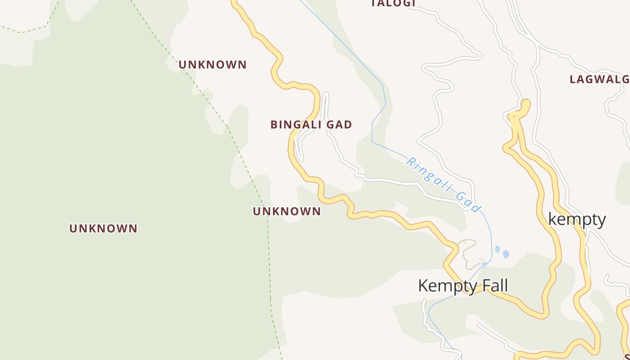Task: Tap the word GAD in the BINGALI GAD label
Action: pyautogui.click(x=339, y=125)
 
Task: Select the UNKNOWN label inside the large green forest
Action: pyautogui.click(x=103, y=229)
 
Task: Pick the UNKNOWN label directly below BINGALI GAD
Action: pyautogui.click(x=287, y=211)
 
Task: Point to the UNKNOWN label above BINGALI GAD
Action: pyautogui.click(x=212, y=65)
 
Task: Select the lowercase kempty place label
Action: pyautogui.click(x=577, y=220)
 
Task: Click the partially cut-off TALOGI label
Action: pyautogui.click(x=393, y=4)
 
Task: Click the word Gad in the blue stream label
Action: pyautogui.click(x=468, y=202)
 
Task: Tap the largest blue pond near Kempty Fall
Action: pyautogui.click(x=506, y=254)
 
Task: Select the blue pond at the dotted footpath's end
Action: pyautogui.click(x=484, y=264)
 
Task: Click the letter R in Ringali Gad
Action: pyautogui.click(x=410, y=161)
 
